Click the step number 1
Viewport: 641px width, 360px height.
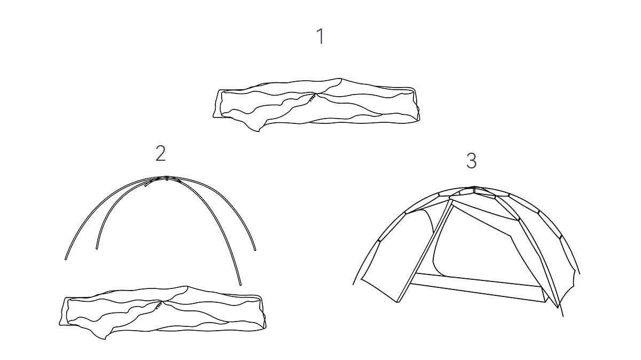[x=321, y=36]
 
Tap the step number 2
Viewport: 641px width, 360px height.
[x=161, y=153]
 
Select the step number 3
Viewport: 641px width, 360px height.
[x=472, y=161]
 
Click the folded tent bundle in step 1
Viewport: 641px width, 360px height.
[x=316, y=105]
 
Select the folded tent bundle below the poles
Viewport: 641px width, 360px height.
[x=162, y=312]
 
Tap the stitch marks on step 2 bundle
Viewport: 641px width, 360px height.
[x=159, y=306]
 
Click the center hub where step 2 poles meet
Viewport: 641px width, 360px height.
[x=167, y=178]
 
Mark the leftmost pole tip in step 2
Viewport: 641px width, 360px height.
[x=66, y=259]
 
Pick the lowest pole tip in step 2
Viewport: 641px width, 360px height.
[x=240, y=285]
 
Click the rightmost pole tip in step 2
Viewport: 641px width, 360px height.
[x=255, y=250]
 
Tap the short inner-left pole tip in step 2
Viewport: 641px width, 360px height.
[x=97, y=248]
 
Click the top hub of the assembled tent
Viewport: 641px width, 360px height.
[x=474, y=189]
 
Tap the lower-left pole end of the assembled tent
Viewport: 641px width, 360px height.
[x=354, y=284]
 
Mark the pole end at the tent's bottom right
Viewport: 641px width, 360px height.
[x=563, y=316]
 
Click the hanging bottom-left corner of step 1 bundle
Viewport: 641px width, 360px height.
[x=259, y=130]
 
